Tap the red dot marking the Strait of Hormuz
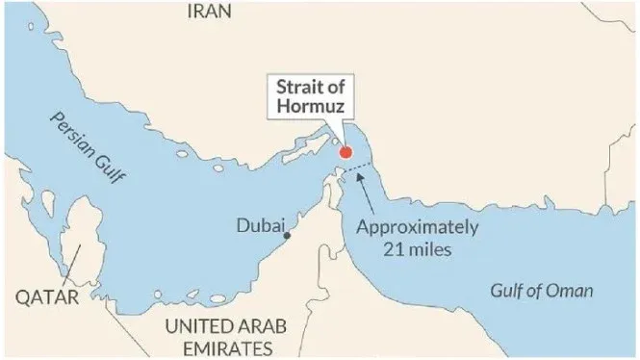(346, 152)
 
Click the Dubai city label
(260, 227)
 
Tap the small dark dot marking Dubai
(287, 234)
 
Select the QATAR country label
(46, 297)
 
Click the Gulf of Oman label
(542, 292)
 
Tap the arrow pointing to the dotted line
(371, 193)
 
